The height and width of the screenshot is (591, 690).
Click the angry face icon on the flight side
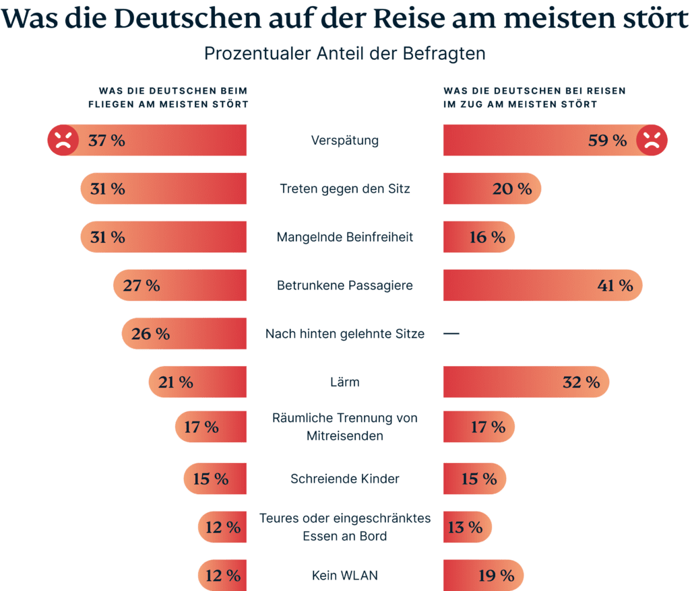(x=63, y=140)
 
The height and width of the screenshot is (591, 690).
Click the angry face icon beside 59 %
(x=652, y=140)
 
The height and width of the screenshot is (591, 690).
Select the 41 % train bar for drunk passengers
(x=542, y=285)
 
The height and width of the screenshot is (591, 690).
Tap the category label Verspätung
(x=345, y=141)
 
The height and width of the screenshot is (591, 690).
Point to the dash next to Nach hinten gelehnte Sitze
(x=451, y=333)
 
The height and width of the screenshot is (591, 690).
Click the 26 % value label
(x=150, y=334)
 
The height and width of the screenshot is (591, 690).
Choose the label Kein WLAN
(x=345, y=576)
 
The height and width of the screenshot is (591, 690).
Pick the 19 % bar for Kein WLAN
(x=483, y=576)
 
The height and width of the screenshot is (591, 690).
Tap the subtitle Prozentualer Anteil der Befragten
(x=345, y=54)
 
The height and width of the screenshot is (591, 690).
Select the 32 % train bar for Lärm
(x=526, y=382)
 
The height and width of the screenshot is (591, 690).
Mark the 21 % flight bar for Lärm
(x=197, y=382)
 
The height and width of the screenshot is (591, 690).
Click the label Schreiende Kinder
(x=345, y=479)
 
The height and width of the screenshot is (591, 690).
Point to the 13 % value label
(x=466, y=527)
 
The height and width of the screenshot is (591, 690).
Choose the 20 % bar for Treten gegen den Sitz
(x=492, y=189)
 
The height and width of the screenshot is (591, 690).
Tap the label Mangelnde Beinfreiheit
(x=345, y=237)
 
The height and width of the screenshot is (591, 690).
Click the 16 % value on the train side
(x=487, y=237)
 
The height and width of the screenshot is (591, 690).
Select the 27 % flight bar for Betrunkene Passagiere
(x=180, y=285)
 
